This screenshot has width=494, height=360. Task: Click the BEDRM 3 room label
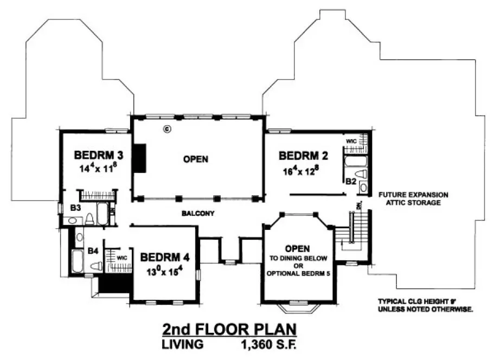pos(99,155)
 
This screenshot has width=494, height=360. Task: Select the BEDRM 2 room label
pos(304,156)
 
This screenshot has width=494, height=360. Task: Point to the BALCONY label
pos(198,214)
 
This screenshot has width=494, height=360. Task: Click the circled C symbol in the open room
pos(168,128)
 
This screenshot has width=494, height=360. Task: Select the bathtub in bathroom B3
pos(102,211)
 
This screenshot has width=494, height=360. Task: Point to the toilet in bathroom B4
pos(97,267)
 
